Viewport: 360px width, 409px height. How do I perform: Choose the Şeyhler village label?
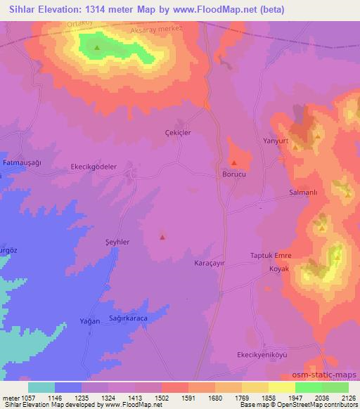coord(115,241)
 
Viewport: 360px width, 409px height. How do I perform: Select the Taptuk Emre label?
coord(271,255)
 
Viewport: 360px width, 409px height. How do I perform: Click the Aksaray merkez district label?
coord(156,32)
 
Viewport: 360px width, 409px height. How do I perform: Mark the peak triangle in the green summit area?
coord(97,48)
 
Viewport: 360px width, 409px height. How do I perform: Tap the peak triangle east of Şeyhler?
coord(162,237)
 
